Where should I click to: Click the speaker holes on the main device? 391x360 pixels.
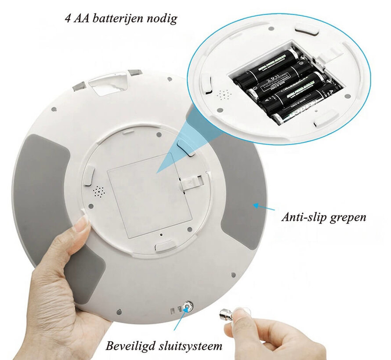[99, 191]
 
